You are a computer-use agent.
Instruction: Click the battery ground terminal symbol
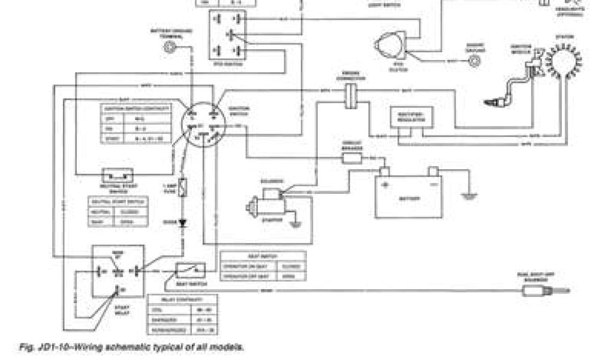[x=172, y=47]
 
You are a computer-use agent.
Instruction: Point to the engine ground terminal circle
[x=477, y=60]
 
